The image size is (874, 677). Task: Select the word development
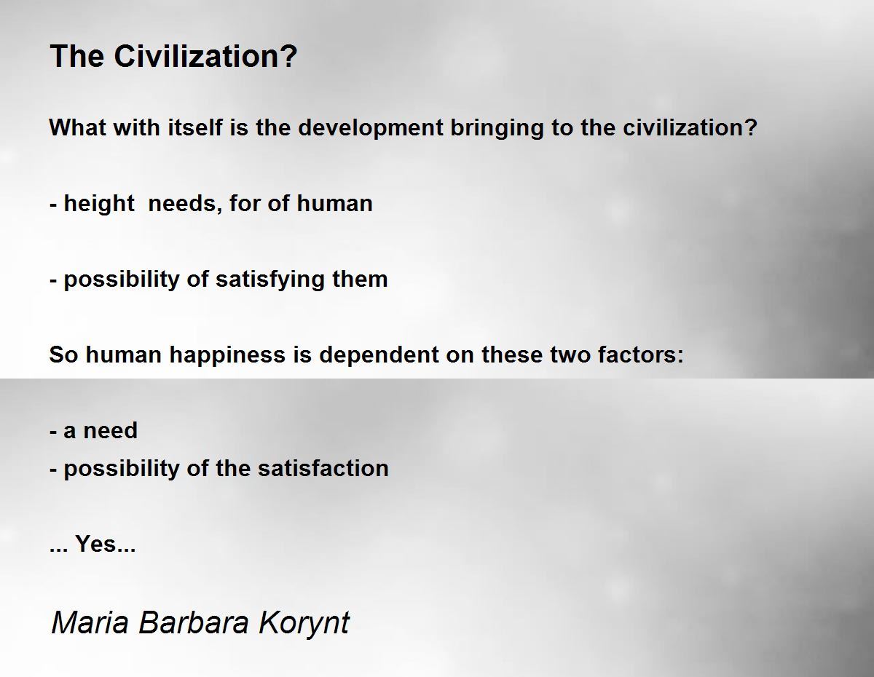371,129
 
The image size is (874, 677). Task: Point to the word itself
194,128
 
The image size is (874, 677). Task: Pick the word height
99,204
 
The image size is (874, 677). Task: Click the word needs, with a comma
185,204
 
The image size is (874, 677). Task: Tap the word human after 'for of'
334,203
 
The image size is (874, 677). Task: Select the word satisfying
270,280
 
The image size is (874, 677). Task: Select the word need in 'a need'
110,430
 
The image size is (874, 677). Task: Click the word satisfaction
323,468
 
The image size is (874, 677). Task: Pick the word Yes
95,544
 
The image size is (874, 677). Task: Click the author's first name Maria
90,622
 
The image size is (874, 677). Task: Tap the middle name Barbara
194,622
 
